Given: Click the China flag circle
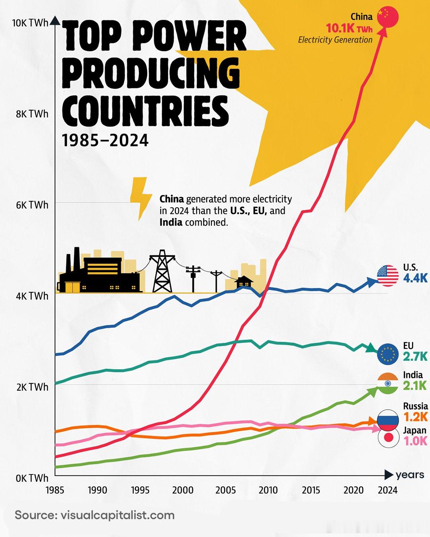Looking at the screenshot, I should tap(387, 17).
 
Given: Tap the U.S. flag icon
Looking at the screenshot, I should tap(387, 275).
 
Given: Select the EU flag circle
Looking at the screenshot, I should tap(387, 354).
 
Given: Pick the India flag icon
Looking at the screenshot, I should tap(387, 383).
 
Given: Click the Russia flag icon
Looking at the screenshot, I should tap(388, 420).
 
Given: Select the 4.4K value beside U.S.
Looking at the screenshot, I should tap(415, 278).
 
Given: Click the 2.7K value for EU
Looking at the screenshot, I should tap(415, 356).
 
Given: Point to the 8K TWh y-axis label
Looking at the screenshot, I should tap(32, 114).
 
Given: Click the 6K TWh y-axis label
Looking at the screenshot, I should tap(32, 205).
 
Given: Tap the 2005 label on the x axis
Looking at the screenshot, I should tap(226, 490).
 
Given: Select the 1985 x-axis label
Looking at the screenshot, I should tap(55, 490).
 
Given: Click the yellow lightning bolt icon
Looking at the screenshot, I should tap(140, 198).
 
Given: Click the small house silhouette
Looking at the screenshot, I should tap(244, 282).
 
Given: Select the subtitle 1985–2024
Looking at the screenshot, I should tap(105, 140).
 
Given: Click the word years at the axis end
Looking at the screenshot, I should tap(410, 475).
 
